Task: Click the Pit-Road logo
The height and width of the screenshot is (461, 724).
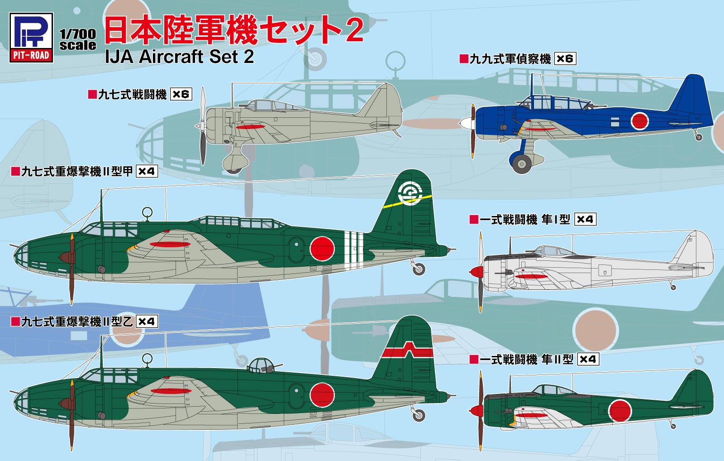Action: pos(31,37)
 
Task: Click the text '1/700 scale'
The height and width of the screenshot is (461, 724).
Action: pos(77,39)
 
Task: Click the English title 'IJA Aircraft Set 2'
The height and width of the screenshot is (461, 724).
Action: pos(179,57)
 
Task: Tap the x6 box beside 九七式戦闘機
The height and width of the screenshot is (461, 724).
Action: pos(181,94)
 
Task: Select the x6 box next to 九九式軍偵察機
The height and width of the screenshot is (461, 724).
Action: pos(565,58)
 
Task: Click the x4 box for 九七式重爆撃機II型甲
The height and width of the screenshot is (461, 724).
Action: pos(147,171)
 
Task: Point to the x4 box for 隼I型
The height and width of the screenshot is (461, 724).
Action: pos(585,219)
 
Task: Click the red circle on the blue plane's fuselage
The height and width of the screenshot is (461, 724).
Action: pos(639,120)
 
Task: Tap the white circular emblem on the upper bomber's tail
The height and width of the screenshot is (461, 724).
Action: pos(410,194)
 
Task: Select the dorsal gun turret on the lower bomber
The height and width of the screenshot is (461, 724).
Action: pos(261,365)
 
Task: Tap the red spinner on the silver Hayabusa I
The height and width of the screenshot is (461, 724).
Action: pos(476,272)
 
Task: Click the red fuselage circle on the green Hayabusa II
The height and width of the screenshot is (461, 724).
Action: pos(619,411)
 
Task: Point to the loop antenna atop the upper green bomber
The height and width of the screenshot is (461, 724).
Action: pos(147,212)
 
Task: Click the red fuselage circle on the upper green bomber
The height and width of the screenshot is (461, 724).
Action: pos(322,248)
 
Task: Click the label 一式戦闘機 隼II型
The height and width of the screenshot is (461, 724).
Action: pos(526,360)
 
